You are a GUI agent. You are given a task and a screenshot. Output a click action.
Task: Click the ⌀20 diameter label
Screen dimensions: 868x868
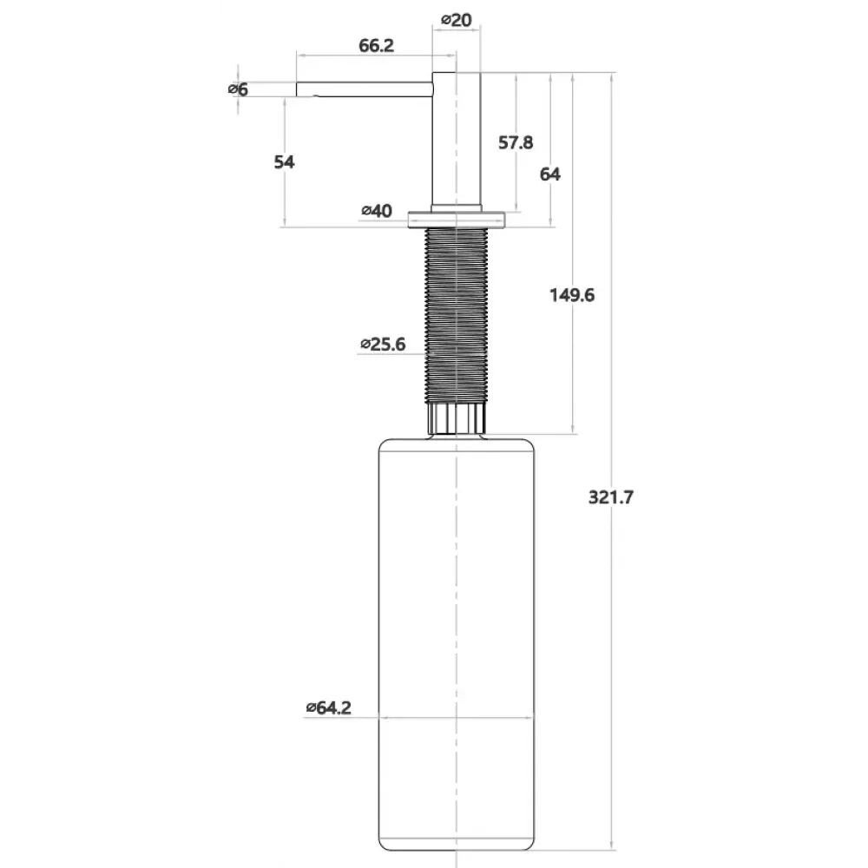pos(457,20)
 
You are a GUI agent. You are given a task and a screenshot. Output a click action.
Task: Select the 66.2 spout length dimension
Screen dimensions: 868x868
pos(377,45)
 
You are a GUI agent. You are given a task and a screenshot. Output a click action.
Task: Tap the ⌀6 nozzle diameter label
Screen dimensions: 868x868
pos(239,89)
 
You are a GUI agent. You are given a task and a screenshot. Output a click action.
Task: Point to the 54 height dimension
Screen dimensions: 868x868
pos(285,162)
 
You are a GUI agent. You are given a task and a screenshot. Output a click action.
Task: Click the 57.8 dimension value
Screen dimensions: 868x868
pos(516,143)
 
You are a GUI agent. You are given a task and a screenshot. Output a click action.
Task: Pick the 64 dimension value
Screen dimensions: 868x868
pos(549,174)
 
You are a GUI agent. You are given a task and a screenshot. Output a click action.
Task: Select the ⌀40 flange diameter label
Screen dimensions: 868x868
pos(377,211)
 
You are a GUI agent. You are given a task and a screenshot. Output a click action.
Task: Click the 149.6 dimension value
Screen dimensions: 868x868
pos(572,295)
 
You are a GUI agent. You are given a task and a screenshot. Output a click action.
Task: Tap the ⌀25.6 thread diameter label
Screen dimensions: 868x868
pos(383,345)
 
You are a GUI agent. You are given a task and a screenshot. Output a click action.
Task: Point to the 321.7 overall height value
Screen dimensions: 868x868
pos(610,497)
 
